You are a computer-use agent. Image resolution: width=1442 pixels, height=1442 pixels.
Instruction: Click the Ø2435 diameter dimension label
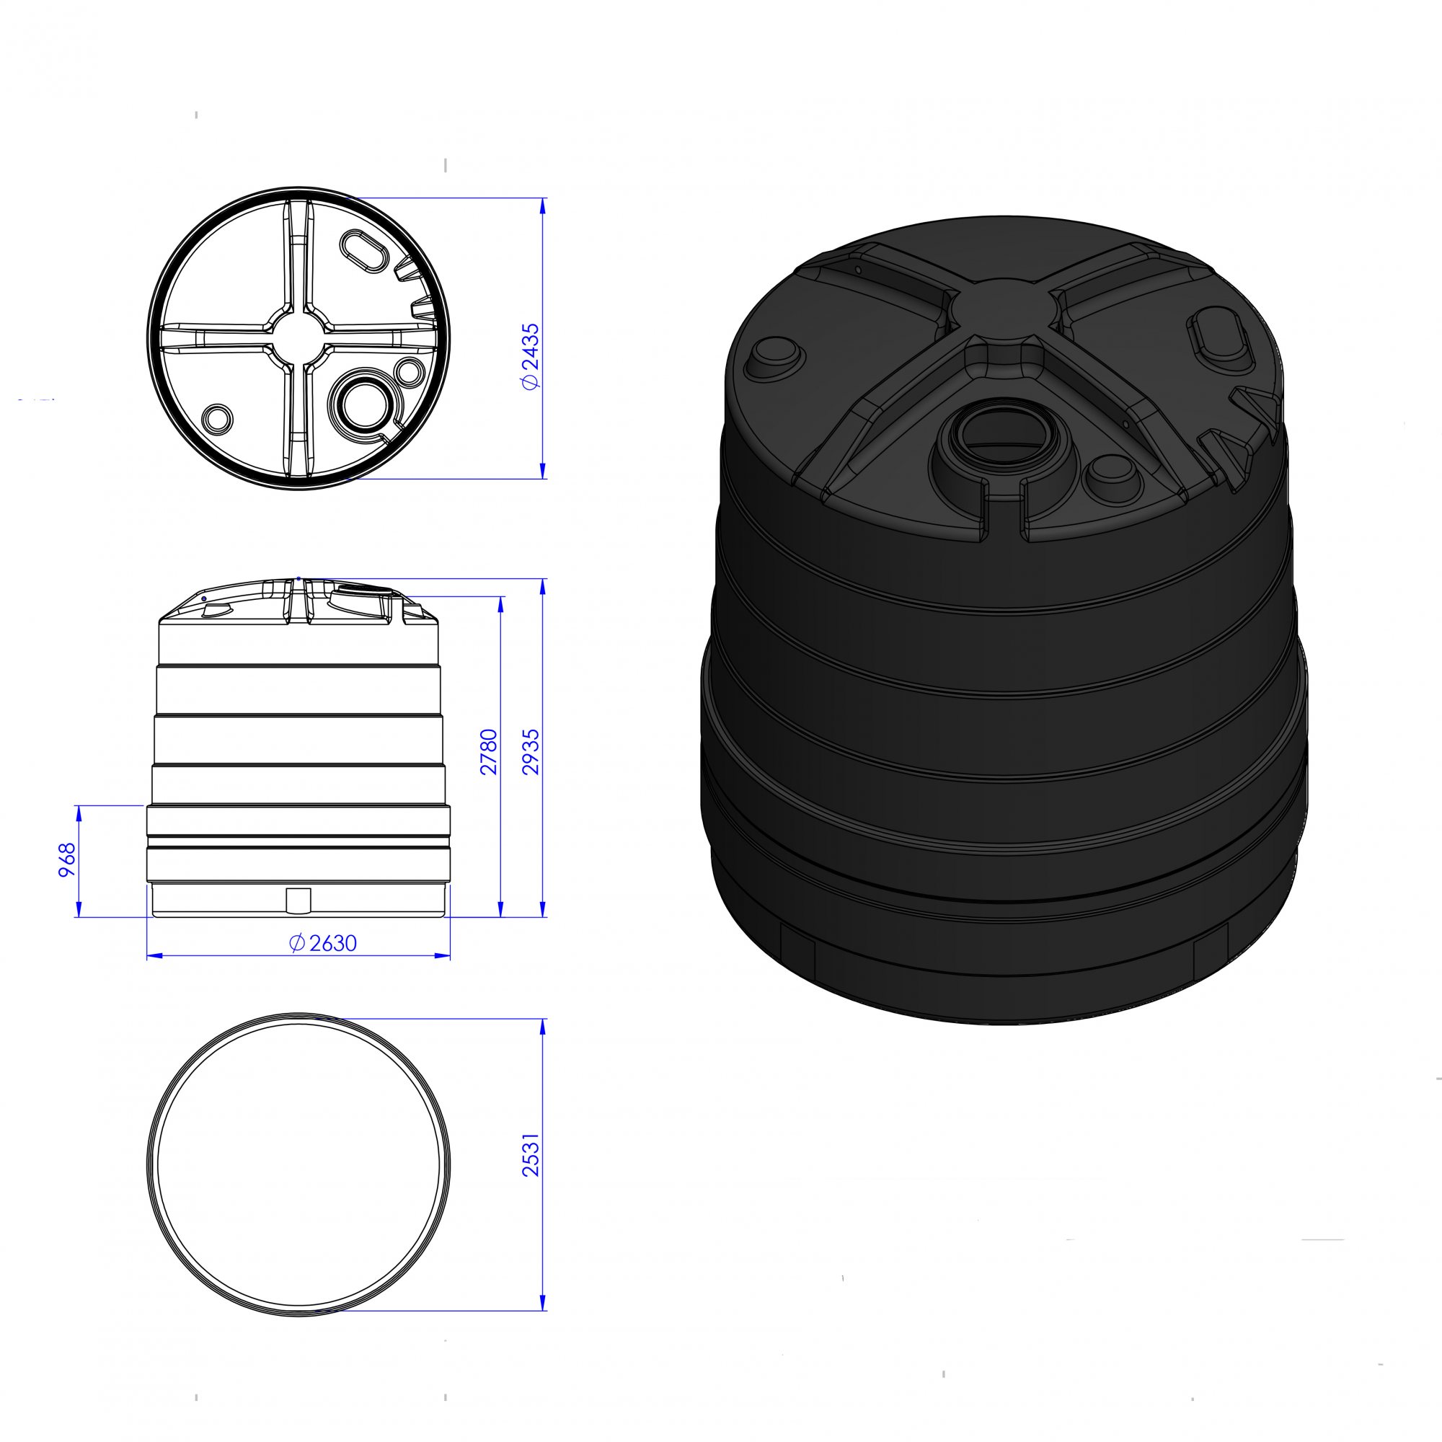(x=530, y=356)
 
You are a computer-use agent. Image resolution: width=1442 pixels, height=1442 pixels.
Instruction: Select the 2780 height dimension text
(x=489, y=751)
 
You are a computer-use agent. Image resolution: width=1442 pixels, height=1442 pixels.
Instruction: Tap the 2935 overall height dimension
(x=530, y=751)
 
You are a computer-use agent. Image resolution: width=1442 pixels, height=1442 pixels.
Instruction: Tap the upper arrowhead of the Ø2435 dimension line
(x=543, y=205)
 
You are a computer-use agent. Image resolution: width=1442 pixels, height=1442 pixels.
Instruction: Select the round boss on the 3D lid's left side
(x=775, y=358)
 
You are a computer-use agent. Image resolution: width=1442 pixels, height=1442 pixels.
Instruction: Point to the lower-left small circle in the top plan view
(x=217, y=418)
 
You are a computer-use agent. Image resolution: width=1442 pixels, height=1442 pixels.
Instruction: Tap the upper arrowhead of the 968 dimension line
(x=78, y=811)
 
